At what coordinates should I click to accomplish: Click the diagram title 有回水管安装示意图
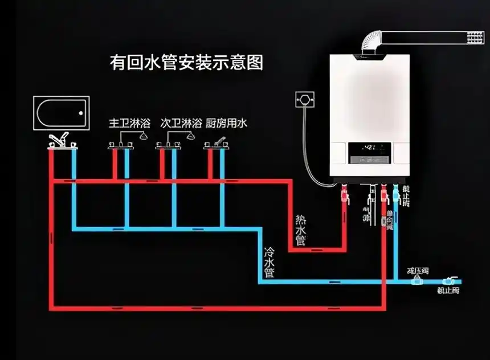pos(186,62)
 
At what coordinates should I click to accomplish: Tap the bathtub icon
pos(62,113)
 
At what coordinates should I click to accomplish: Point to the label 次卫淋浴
pos(181,123)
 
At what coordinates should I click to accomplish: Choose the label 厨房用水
pos(226,123)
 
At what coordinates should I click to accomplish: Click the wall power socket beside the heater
pos(305,100)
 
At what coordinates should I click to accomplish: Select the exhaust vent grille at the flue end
pos(475,37)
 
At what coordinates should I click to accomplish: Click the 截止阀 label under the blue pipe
pos(448,291)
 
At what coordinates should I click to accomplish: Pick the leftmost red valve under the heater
pos(344,197)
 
